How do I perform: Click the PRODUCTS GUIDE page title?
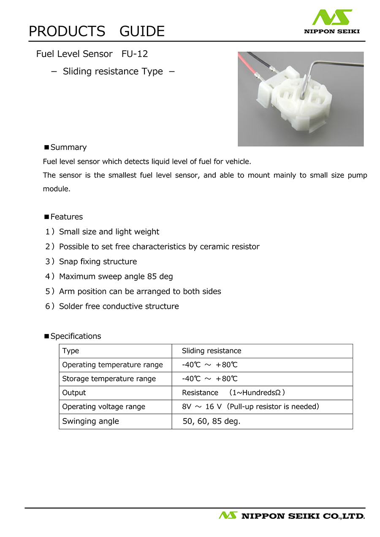(x=96, y=31)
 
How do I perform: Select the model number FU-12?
(x=134, y=54)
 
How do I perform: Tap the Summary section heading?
(x=68, y=147)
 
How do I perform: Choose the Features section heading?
(x=66, y=217)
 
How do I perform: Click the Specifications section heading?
(x=76, y=336)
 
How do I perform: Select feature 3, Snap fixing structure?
(x=98, y=262)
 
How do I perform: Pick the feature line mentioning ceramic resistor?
(x=159, y=247)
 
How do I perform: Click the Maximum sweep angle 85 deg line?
(x=116, y=277)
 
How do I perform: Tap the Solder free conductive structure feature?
(x=119, y=306)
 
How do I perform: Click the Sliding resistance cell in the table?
(x=212, y=351)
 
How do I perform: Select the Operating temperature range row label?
(x=112, y=365)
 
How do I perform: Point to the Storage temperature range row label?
(x=109, y=379)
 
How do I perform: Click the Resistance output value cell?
(x=233, y=393)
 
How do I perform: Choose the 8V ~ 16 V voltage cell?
(x=250, y=407)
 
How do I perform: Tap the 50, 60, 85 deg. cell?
(x=211, y=421)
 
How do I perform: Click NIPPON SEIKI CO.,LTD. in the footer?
(x=302, y=515)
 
